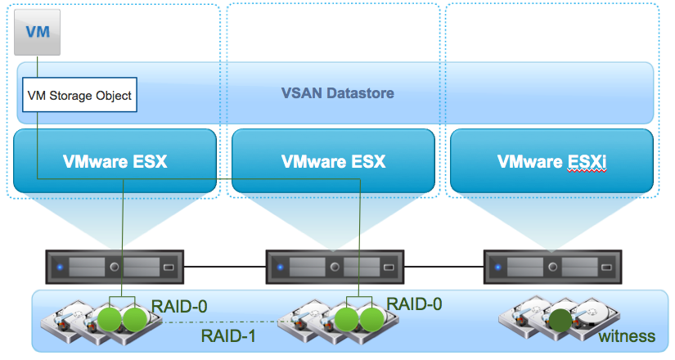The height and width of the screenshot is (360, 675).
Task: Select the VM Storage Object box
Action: tap(79, 95)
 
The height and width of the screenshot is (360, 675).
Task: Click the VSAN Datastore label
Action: tap(339, 93)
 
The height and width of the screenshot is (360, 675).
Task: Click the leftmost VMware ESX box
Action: tap(115, 161)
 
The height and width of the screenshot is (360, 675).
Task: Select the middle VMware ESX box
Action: tap(333, 161)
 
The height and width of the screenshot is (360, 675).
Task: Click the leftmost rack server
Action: tap(115, 267)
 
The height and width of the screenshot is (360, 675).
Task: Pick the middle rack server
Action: tap(334, 267)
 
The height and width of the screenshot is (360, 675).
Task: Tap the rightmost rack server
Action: tap(551, 267)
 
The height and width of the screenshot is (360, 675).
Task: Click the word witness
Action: tap(627, 335)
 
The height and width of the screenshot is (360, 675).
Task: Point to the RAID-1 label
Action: tap(226, 335)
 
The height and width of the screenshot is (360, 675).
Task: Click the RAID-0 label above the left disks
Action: tap(179, 306)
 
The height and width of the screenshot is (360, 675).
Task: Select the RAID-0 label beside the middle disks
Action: tap(415, 304)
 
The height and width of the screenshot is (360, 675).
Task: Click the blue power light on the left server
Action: tap(61, 268)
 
